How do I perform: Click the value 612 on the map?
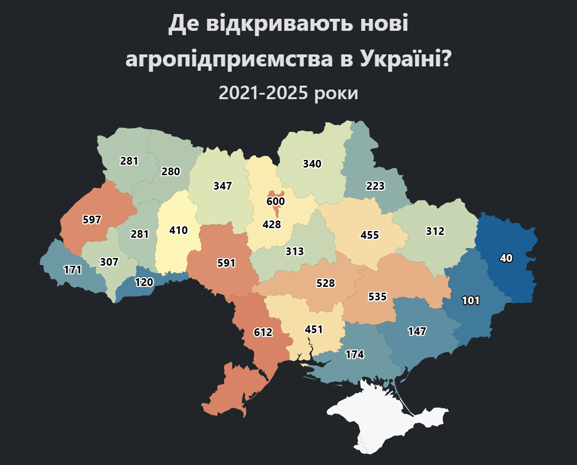tap(263, 332)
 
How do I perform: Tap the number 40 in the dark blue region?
tap(506, 258)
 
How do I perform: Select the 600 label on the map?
tap(276, 201)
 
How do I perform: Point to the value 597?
tap(92, 220)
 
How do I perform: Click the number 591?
tap(226, 263)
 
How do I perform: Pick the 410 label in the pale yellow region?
tap(178, 230)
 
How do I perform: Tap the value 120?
tap(144, 282)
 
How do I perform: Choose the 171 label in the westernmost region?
tap(73, 270)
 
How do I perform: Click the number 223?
tap(375, 186)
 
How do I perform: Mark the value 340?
tap(312, 164)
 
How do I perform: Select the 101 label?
tap(471, 301)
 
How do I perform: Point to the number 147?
tap(417, 331)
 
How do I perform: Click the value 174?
tap(354, 354)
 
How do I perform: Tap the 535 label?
tap(377, 297)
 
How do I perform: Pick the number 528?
tap(326, 283)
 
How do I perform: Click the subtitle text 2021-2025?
tap(263, 93)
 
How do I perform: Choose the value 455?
tap(370, 235)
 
